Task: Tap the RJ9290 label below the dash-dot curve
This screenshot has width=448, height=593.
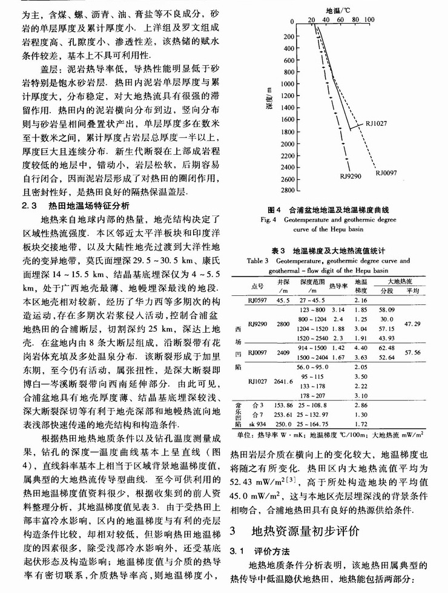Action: coord(351,176)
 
